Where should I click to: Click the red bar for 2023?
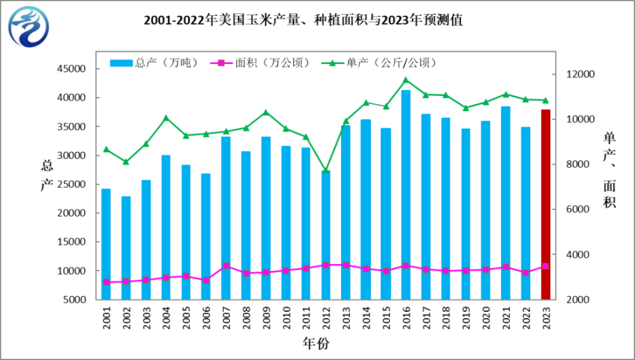pyautogui.click(x=545, y=204)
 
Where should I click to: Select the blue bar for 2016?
pyautogui.click(x=406, y=195)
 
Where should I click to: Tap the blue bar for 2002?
pyautogui.click(x=126, y=248)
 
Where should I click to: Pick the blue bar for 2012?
pyautogui.click(x=326, y=235)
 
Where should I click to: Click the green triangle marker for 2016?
pyautogui.click(x=406, y=80)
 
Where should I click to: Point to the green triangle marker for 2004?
pyautogui.click(x=166, y=118)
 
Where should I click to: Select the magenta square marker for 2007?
pyautogui.click(x=226, y=265)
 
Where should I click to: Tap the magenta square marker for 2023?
pyautogui.click(x=545, y=266)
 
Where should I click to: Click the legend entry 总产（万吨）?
pyautogui.click(x=154, y=63)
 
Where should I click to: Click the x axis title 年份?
pyautogui.click(x=316, y=343)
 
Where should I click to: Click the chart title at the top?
pyautogui.click(x=304, y=20)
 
